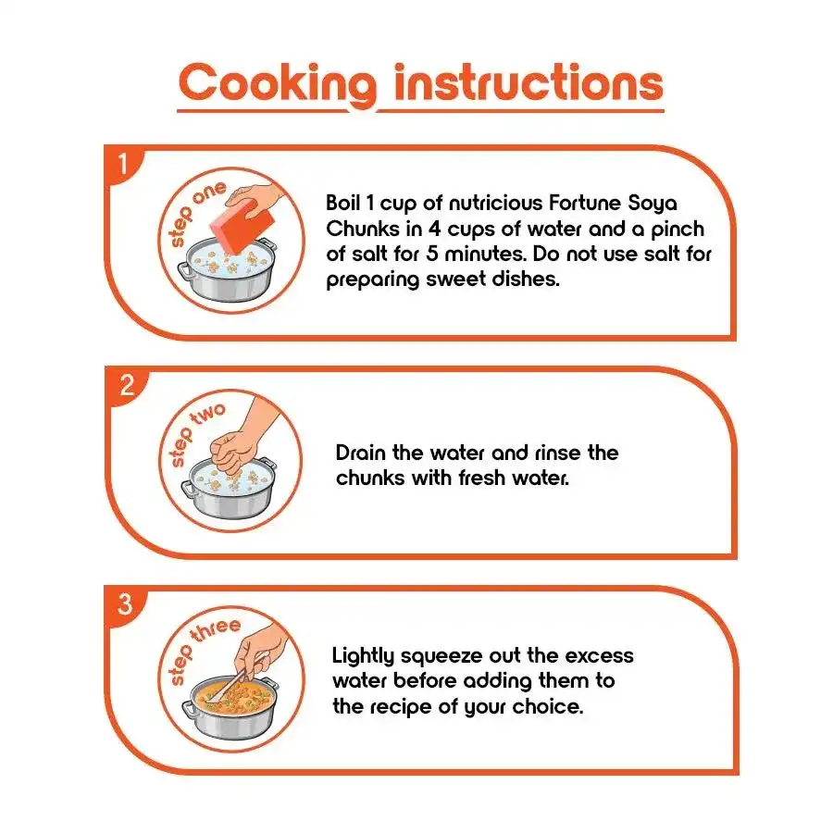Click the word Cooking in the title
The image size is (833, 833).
coord(278,84)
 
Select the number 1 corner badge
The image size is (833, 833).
coord(124,164)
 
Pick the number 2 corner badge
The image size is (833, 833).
coord(127,386)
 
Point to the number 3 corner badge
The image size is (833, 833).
coord(125,605)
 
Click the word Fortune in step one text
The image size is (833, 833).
coord(584,203)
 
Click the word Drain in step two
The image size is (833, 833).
coord(361,453)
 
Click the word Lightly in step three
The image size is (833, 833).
coord(363,656)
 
